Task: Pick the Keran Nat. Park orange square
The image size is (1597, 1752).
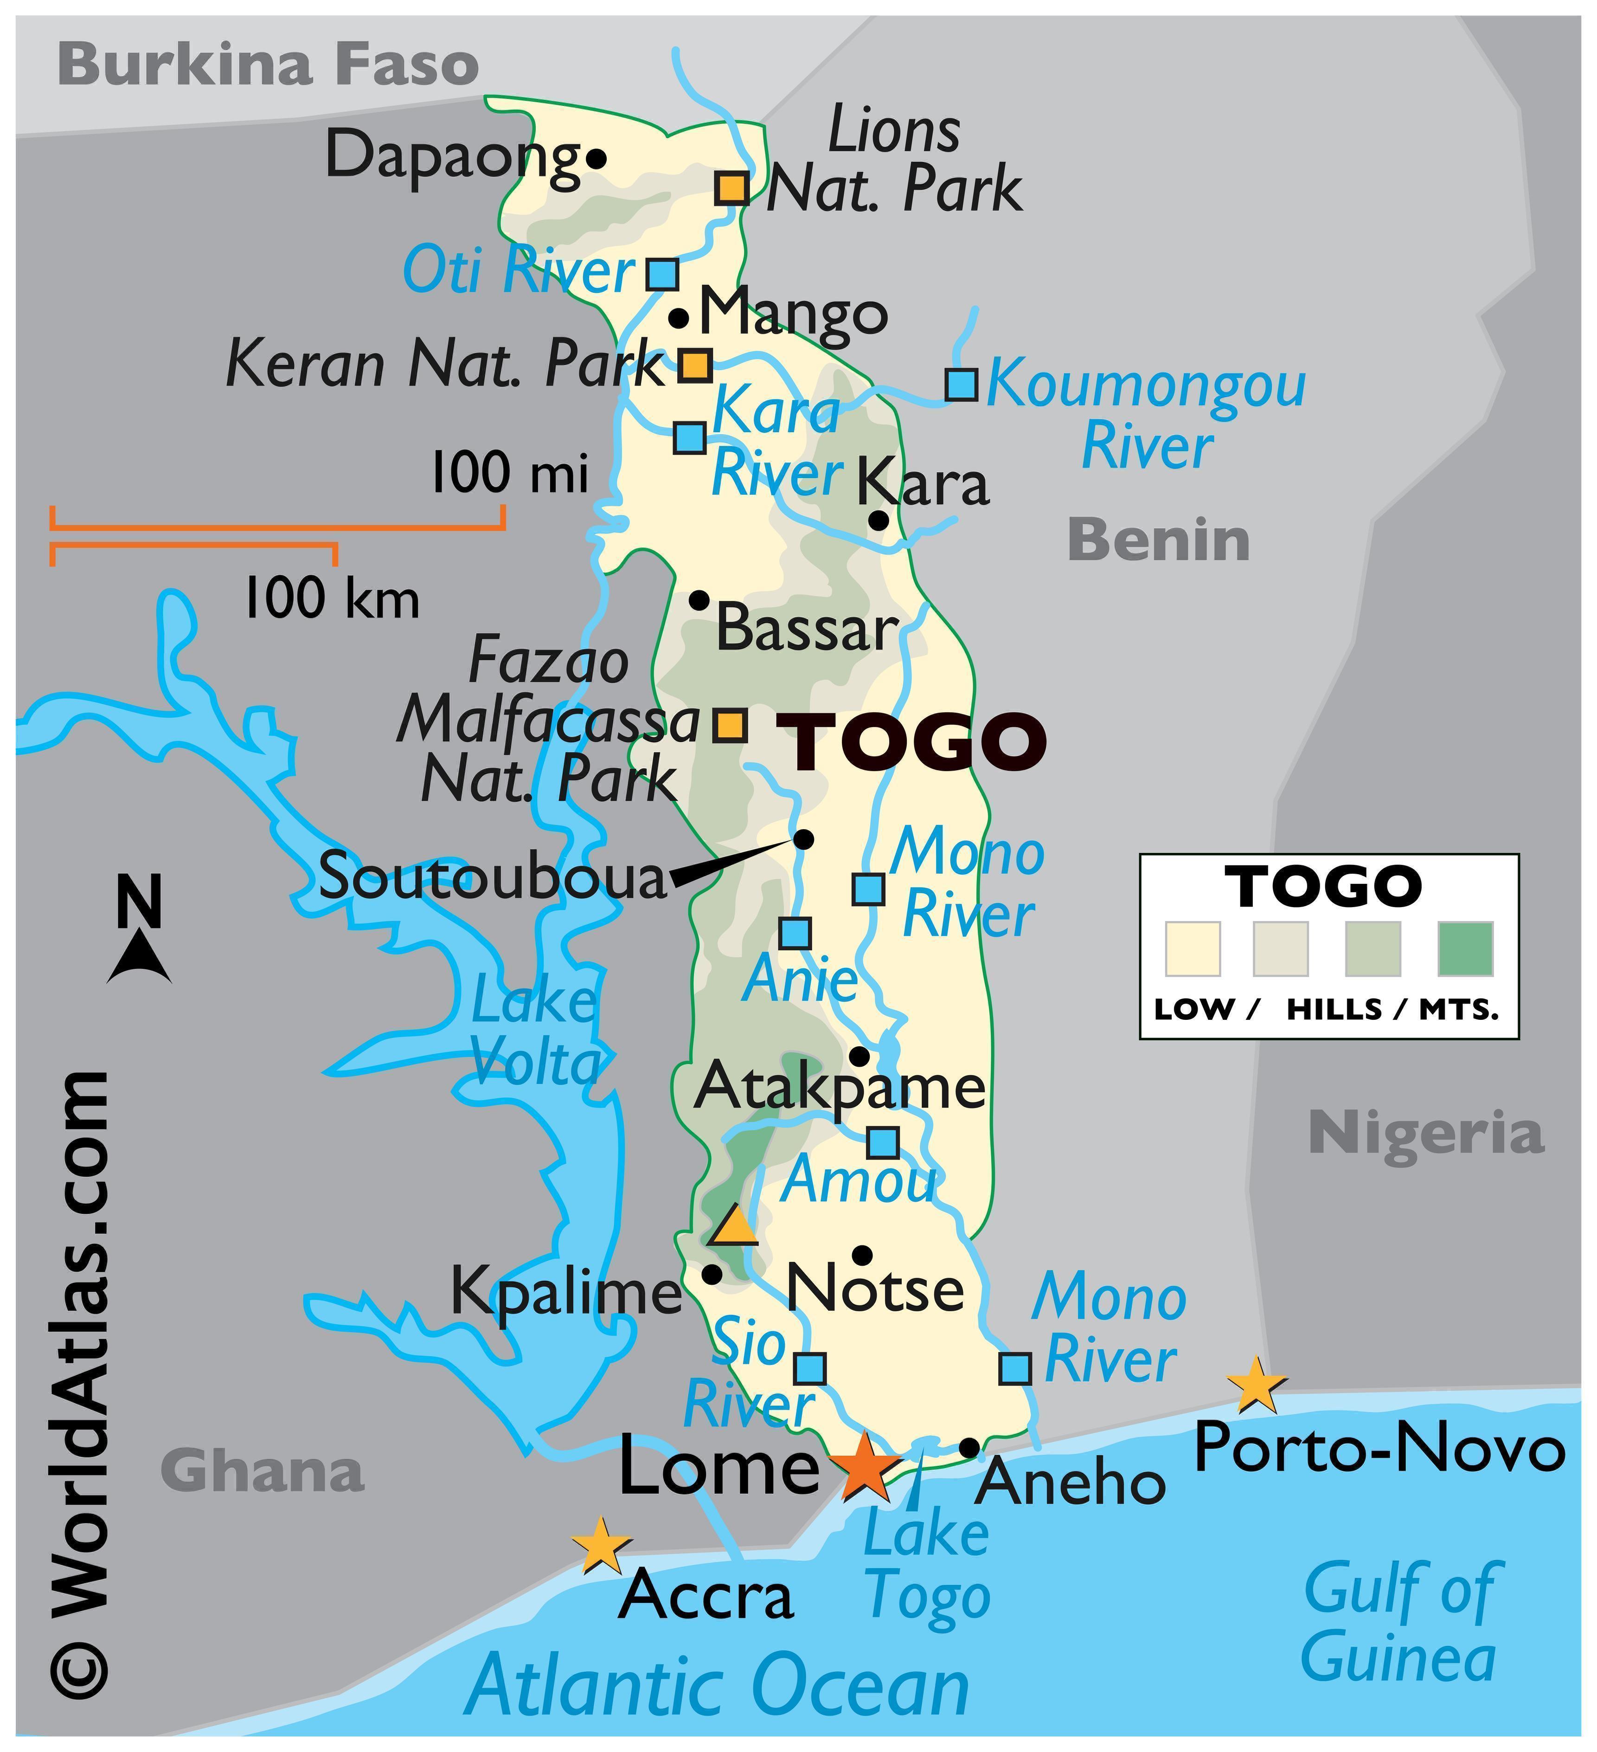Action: [694, 365]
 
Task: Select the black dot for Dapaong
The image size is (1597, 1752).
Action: [596, 159]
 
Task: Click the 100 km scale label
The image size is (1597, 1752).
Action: [332, 599]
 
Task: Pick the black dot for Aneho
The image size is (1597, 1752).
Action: [969, 1448]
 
